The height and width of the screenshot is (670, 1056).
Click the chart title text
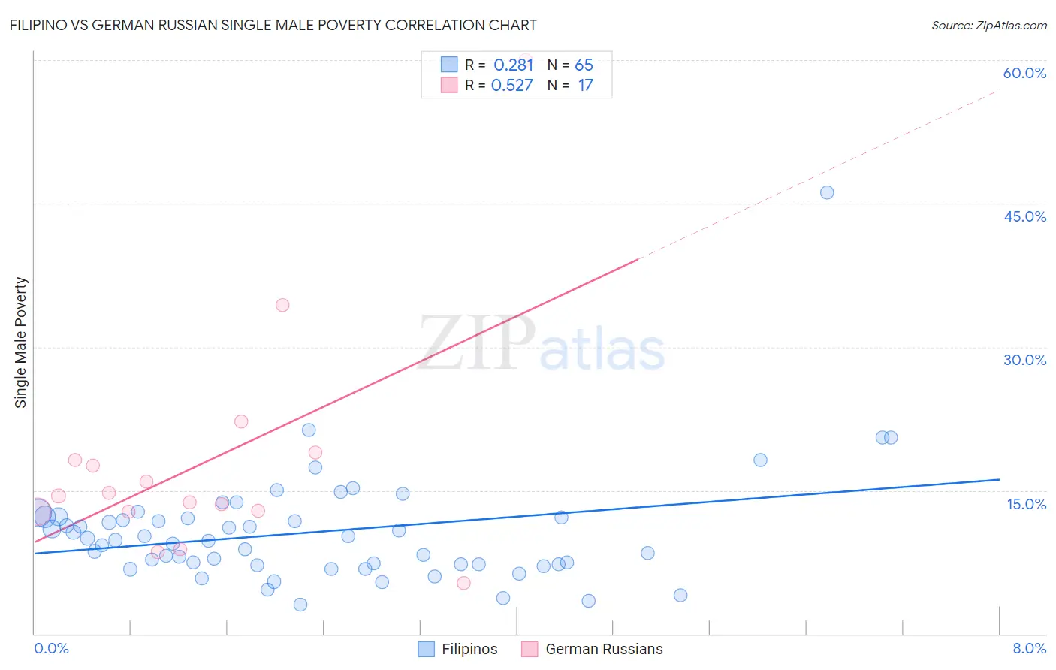273,25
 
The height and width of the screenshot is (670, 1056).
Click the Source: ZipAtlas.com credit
988,26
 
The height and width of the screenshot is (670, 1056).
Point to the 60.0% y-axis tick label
1024,73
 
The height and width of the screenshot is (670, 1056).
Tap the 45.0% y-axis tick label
1024,216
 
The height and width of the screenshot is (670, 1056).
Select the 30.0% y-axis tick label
1024,360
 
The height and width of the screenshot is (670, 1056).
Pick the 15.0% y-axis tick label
1026,504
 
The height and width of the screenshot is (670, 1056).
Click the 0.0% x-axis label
51,648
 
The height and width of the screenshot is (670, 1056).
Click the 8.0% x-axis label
1029,648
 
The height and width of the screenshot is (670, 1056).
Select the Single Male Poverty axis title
21,343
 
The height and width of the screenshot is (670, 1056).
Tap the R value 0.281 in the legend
513,65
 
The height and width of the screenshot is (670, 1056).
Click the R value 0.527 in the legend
511,86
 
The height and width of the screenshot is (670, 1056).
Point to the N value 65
584,65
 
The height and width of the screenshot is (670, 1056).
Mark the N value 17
585,86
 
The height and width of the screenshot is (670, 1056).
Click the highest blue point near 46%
827,192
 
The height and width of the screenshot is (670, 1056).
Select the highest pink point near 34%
282,305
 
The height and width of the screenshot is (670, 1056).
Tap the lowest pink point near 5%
463,583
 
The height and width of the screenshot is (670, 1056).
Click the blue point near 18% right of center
760,460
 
